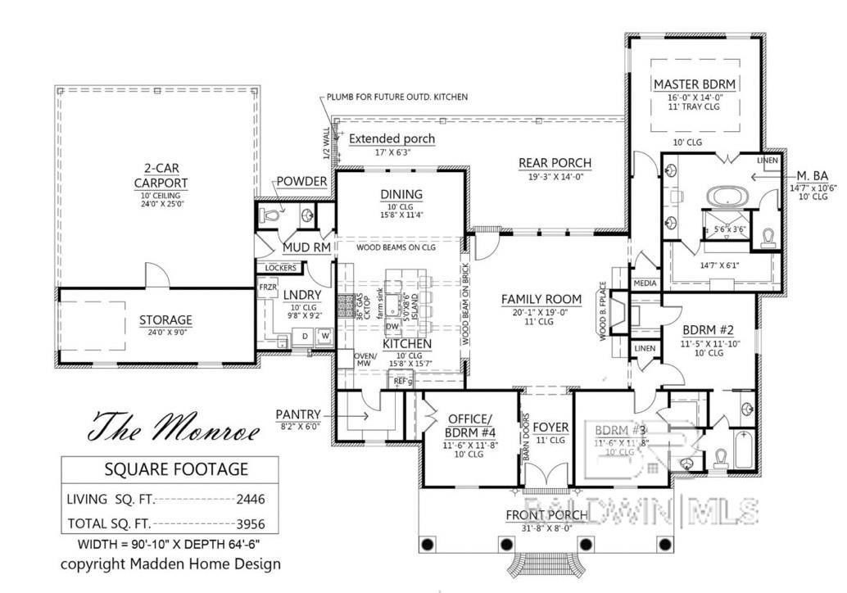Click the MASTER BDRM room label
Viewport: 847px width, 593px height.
pyautogui.click(x=695, y=84)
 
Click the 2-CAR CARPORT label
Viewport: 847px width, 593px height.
pyautogui.click(x=161, y=176)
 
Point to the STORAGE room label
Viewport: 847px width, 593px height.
pyautogui.click(x=165, y=319)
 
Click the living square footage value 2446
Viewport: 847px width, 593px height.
pyautogui.click(x=250, y=499)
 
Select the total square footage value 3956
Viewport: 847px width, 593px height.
pyautogui.click(x=250, y=523)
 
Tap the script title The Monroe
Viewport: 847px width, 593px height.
pyautogui.click(x=174, y=427)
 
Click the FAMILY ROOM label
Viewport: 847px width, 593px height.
pyautogui.click(x=541, y=299)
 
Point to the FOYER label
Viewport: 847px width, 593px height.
pyautogui.click(x=550, y=428)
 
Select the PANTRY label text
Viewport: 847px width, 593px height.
pyautogui.click(x=298, y=415)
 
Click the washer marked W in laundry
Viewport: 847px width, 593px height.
pyautogui.click(x=324, y=335)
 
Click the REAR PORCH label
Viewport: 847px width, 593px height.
pyautogui.click(x=555, y=163)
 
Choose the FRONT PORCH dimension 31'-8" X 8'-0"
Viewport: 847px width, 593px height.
pyautogui.click(x=546, y=528)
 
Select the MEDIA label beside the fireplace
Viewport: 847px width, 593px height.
pyautogui.click(x=645, y=283)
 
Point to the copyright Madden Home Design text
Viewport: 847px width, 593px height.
pyautogui.click(x=170, y=564)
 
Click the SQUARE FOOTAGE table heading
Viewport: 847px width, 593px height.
pyautogui.click(x=175, y=469)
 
